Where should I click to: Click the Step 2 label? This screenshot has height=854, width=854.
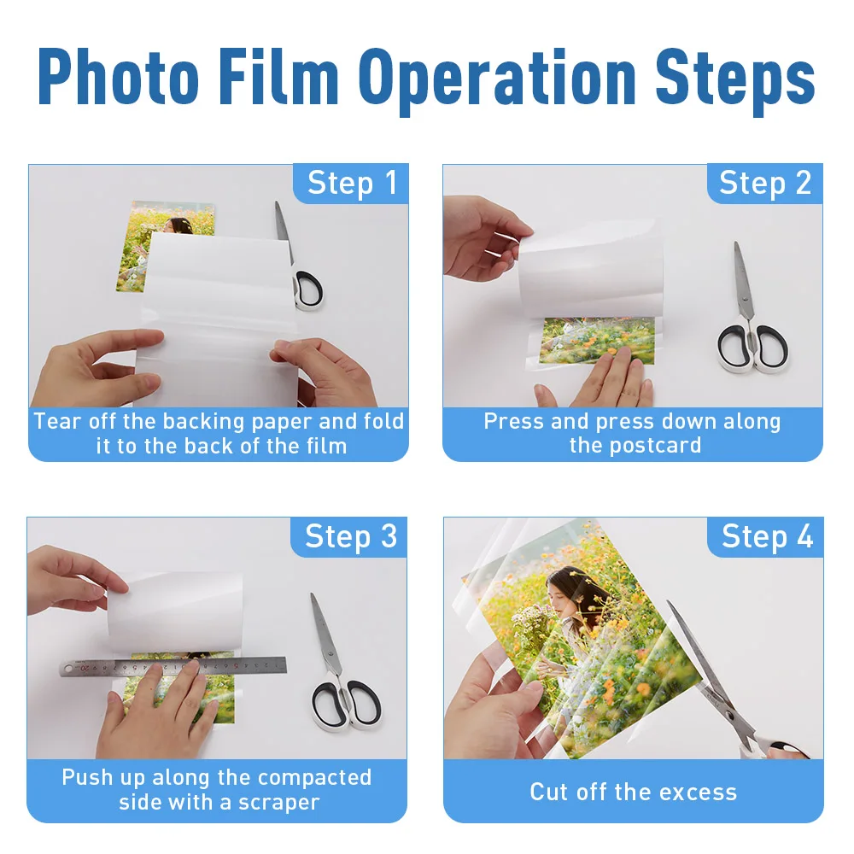[x=765, y=183]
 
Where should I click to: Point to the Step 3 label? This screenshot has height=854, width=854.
[x=351, y=536]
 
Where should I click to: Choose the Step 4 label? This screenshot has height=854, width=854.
[x=768, y=536]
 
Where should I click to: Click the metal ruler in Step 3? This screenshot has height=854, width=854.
[x=173, y=667]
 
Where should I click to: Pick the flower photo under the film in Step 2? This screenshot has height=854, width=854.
[x=597, y=341]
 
